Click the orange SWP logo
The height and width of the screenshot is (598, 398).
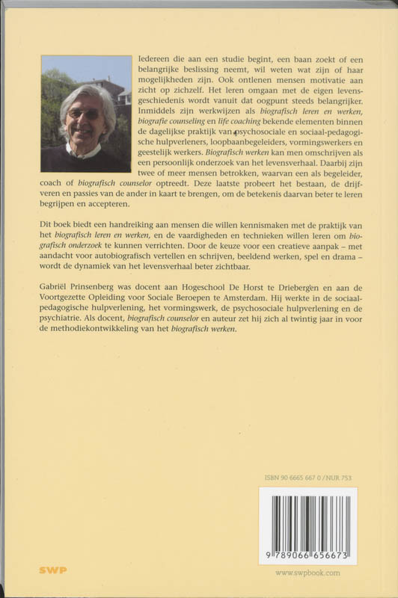tap(52, 570)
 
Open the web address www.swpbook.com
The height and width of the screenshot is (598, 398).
tap(308, 573)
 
